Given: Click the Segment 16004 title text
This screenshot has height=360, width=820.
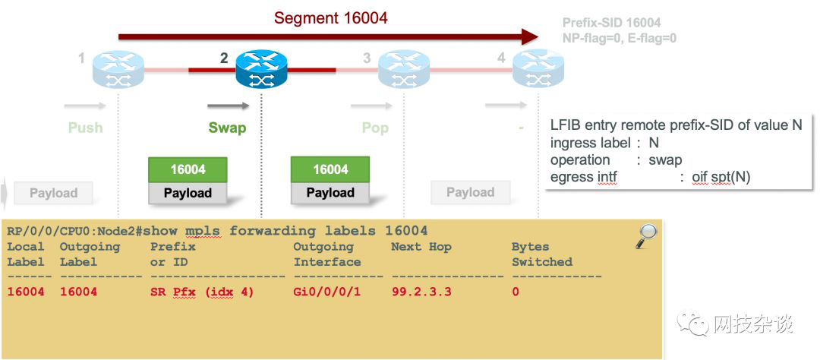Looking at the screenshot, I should (x=331, y=17).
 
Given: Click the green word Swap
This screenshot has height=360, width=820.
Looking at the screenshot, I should (x=227, y=128).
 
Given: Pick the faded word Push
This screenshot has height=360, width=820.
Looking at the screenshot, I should (x=85, y=128).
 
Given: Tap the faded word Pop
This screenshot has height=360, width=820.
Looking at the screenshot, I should (x=375, y=128).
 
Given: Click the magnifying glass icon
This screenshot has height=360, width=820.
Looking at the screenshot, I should (x=646, y=236).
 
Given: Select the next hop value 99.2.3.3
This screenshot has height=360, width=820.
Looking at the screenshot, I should (x=421, y=292).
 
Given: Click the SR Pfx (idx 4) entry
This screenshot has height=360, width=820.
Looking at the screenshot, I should (x=202, y=292).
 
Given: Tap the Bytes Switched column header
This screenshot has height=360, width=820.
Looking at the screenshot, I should (x=541, y=254).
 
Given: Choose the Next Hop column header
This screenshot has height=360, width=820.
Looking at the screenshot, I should (x=420, y=247).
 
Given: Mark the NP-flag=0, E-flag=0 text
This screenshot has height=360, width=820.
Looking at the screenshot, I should (x=619, y=38).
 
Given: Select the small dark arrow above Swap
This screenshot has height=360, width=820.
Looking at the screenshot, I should (x=228, y=106).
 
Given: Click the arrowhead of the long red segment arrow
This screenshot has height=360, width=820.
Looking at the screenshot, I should (x=530, y=36).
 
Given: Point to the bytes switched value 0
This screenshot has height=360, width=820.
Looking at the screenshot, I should (x=516, y=292).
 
